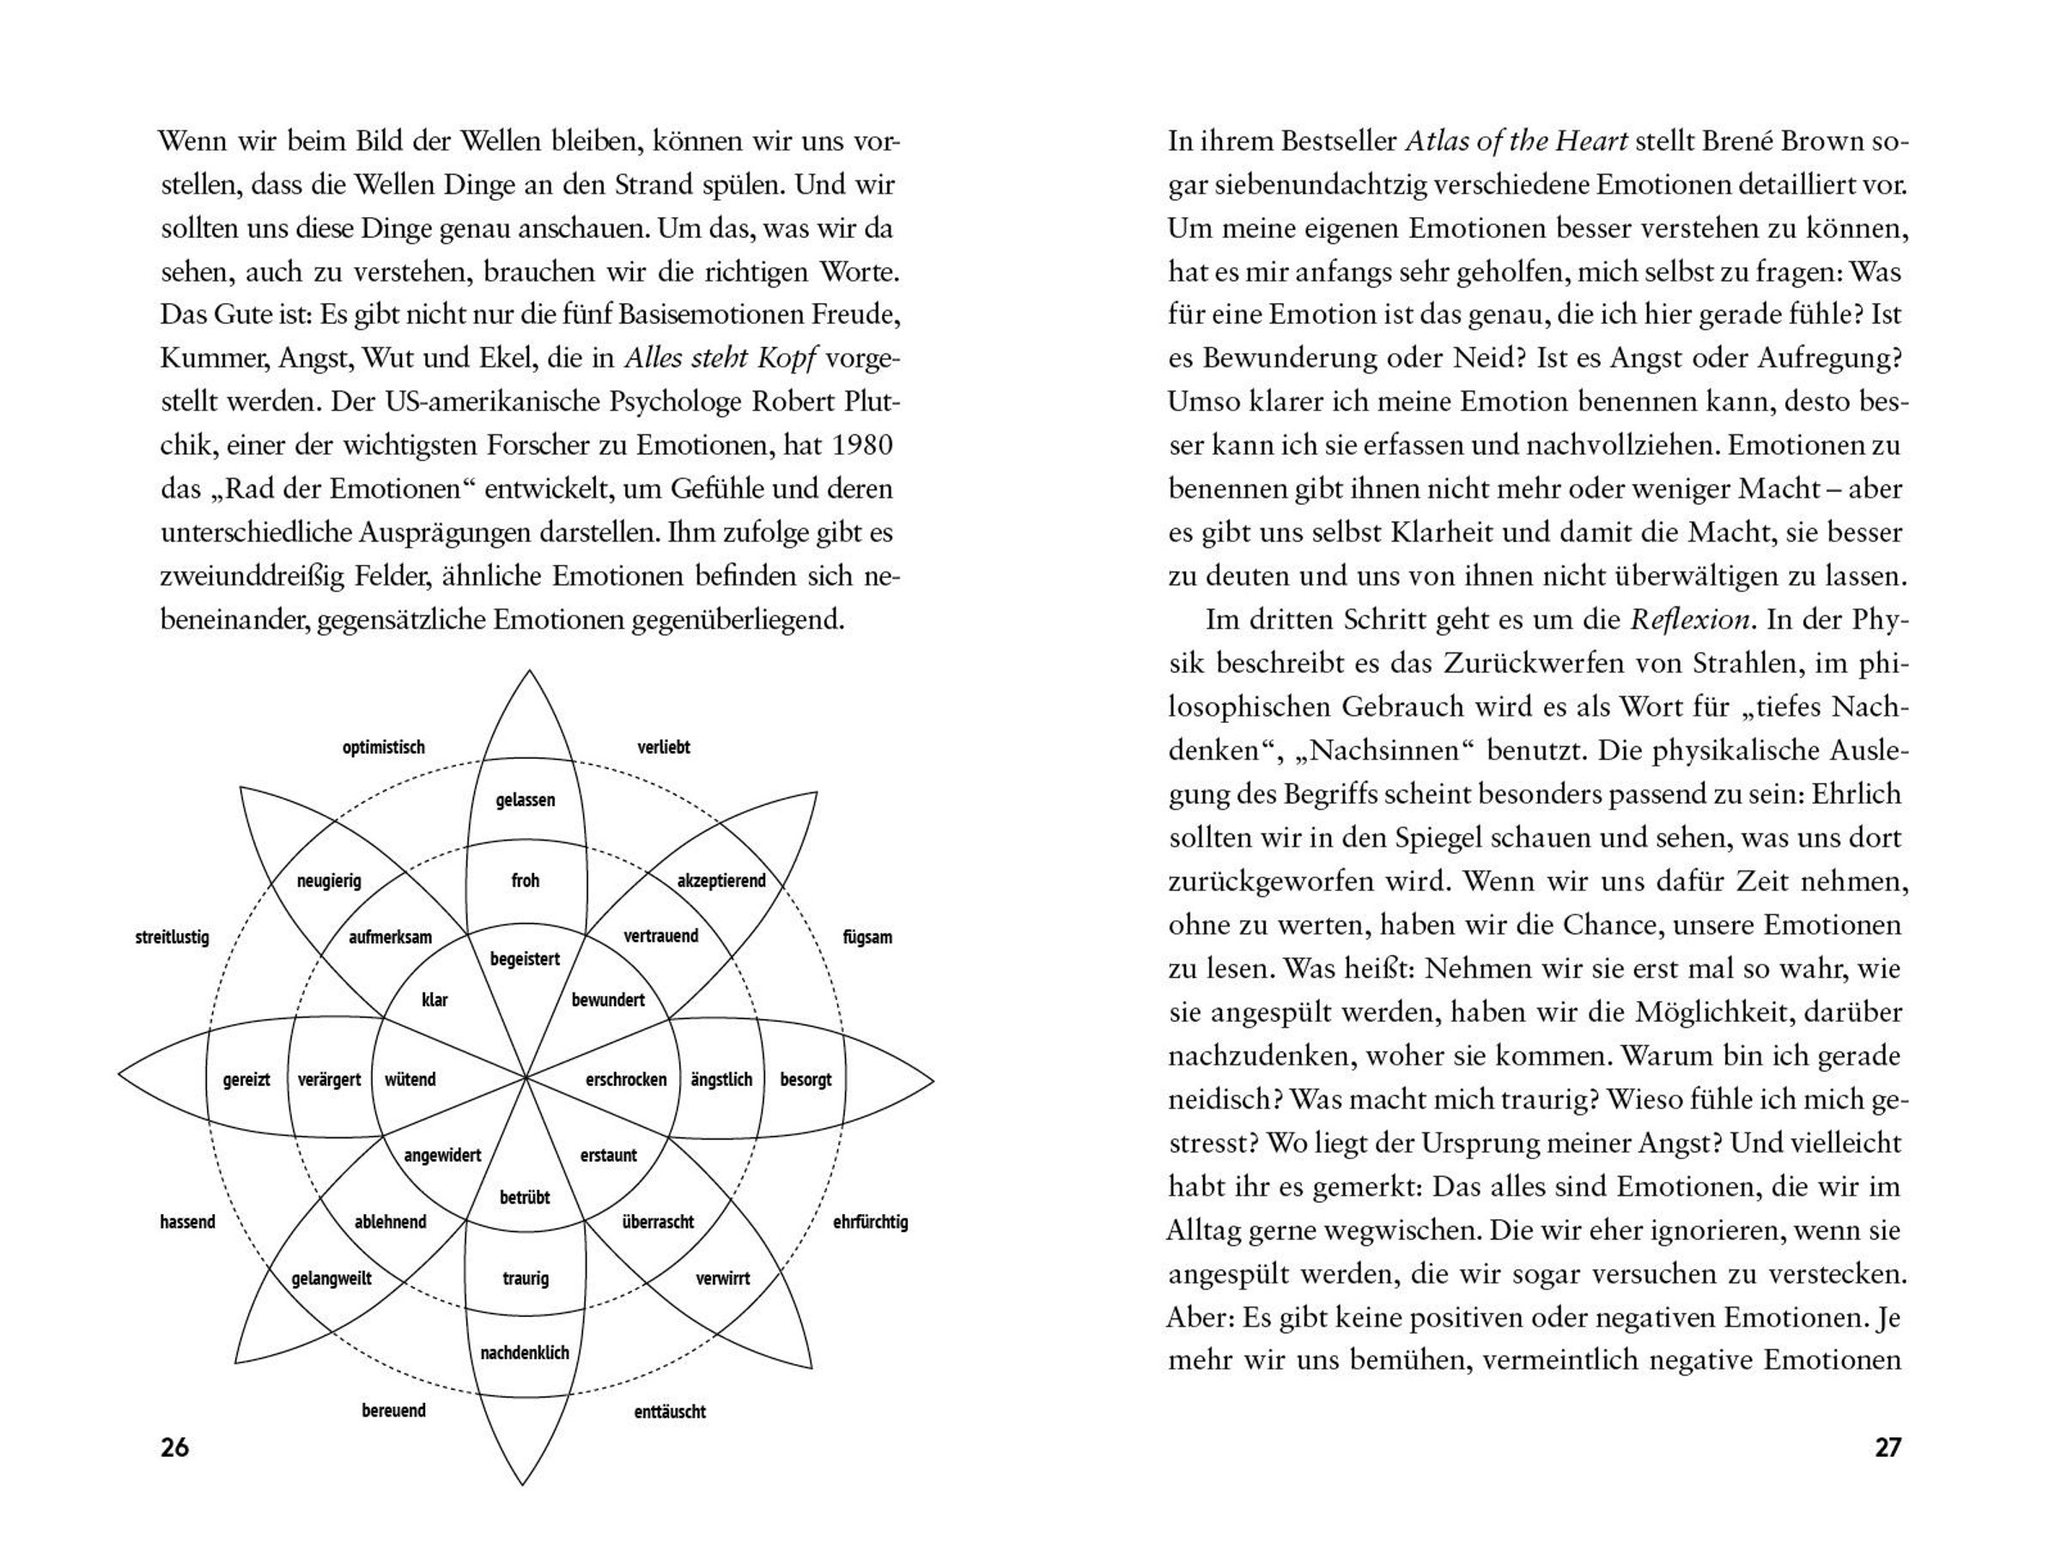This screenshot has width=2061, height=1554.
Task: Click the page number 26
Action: tap(174, 1447)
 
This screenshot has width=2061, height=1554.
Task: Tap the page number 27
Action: tap(1887, 1447)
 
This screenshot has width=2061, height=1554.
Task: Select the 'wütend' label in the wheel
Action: tap(410, 1079)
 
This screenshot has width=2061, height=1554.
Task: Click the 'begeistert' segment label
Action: tap(525, 959)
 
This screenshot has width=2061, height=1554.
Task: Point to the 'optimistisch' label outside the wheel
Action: tap(383, 747)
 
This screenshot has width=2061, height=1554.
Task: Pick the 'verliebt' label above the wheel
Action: tap(664, 747)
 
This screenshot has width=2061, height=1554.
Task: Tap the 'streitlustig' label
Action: tap(173, 938)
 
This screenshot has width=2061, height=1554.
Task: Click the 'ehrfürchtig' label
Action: tap(870, 1222)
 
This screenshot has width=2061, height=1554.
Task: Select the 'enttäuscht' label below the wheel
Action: tap(669, 1411)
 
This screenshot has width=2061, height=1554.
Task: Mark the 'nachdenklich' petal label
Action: tap(525, 1353)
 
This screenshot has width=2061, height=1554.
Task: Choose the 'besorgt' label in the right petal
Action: tap(806, 1079)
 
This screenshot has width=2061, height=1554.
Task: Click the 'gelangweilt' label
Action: tap(331, 1278)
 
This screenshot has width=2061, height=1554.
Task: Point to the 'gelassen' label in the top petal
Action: tap(526, 799)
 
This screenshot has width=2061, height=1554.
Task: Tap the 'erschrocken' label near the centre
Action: tap(626, 1079)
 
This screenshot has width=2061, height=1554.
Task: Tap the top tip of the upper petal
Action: tap(529, 671)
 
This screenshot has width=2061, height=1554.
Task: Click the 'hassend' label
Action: tap(187, 1222)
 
